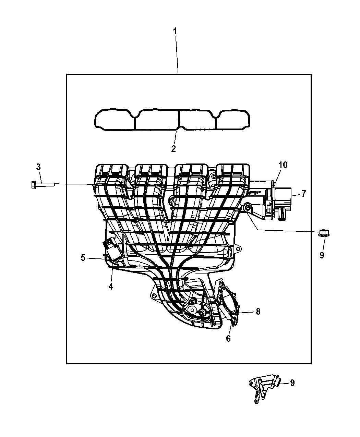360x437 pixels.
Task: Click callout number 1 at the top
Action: (175, 32)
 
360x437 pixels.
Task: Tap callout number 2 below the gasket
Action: (173, 149)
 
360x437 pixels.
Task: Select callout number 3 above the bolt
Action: (38, 167)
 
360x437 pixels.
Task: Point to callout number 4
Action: (111, 286)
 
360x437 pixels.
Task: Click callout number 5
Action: (83, 258)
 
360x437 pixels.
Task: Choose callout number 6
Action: (228, 338)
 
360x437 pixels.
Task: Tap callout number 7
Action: (303, 194)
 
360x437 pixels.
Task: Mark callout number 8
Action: (258, 317)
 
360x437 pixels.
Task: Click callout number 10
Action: (283, 165)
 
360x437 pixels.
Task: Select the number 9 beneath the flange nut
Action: (322, 255)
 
